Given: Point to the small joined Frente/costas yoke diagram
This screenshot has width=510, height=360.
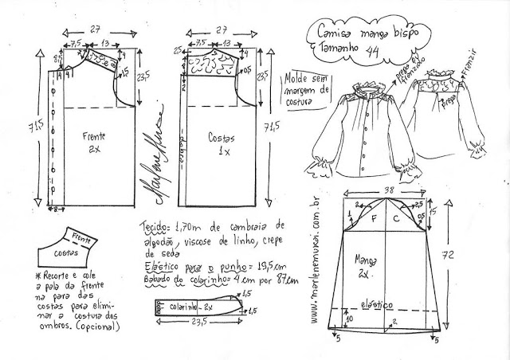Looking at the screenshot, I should tap(71, 244).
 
